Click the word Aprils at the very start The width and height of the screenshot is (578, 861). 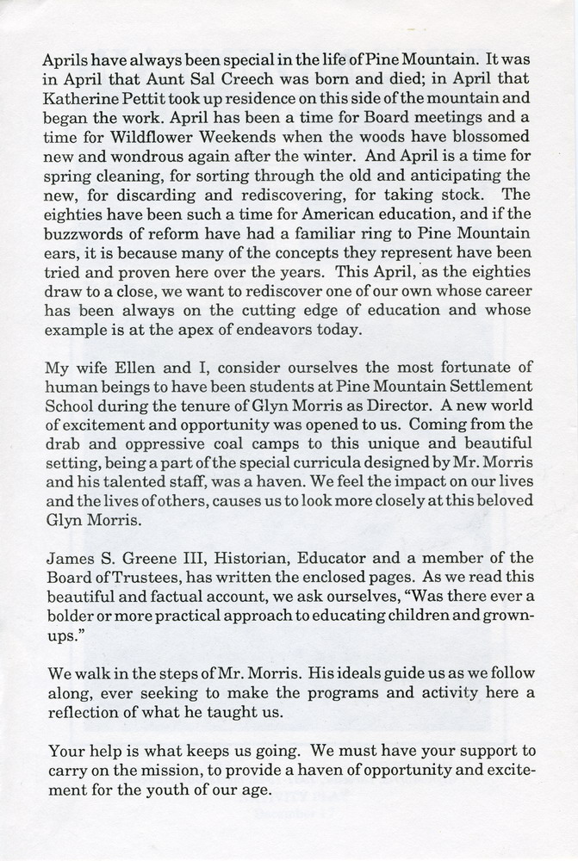pos(65,62)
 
